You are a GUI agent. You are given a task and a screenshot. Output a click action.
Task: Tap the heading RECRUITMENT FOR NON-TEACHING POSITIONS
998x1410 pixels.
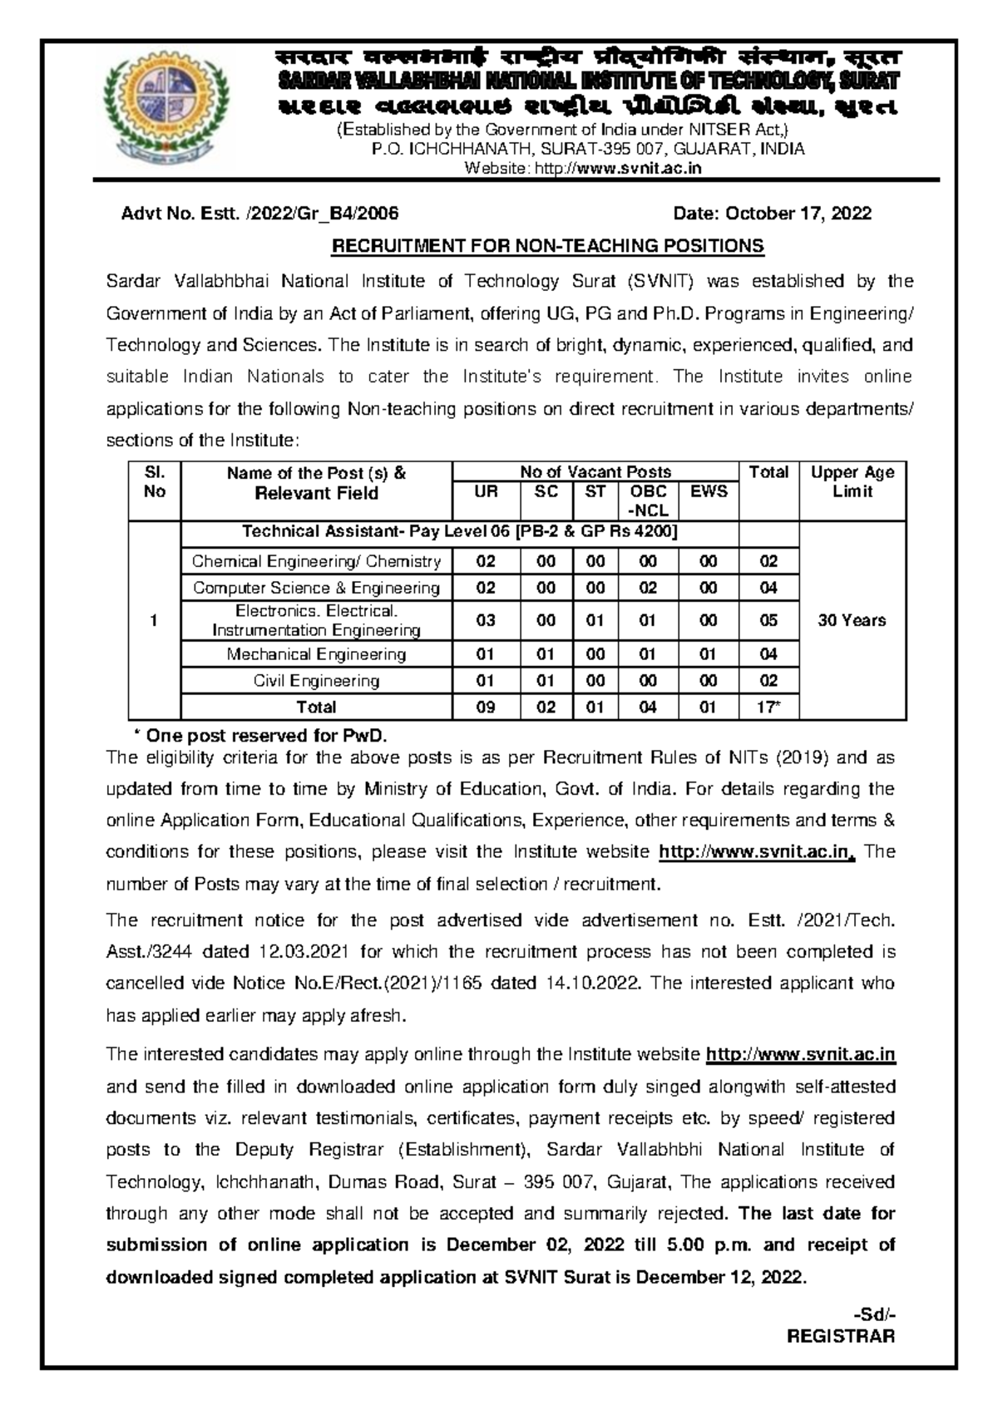(x=547, y=246)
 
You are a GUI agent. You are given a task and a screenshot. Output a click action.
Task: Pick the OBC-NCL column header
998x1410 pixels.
(x=648, y=500)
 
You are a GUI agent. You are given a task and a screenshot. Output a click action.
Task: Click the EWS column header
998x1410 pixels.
(x=709, y=491)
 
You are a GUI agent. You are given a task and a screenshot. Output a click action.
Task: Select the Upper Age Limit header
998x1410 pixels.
(x=852, y=482)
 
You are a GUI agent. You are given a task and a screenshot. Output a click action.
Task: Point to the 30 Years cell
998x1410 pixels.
(x=852, y=620)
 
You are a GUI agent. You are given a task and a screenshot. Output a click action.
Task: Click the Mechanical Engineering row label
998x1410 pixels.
(x=316, y=654)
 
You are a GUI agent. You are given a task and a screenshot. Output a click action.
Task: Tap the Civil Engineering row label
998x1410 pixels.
(x=316, y=681)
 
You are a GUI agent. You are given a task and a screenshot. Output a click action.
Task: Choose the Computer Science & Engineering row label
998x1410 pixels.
(x=316, y=588)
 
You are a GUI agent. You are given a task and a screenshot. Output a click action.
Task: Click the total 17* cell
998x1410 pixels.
(x=768, y=707)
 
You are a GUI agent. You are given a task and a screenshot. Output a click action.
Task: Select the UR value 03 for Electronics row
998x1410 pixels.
(x=486, y=620)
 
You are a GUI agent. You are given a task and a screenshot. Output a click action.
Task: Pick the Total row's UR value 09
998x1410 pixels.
(x=486, y=707)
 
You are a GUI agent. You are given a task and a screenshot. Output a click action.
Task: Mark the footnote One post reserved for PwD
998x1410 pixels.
(x=261, y=736)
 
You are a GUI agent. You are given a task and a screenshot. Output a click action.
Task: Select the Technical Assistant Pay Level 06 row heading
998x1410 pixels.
(x=459, y=532)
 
